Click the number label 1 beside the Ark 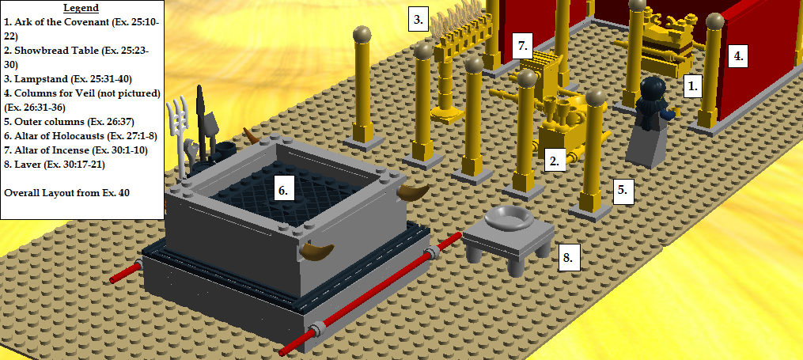[x=693, y=86]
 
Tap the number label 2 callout [x=555, y=161]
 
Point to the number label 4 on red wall [x=738, y=55]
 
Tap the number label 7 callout [x=522, y=44]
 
